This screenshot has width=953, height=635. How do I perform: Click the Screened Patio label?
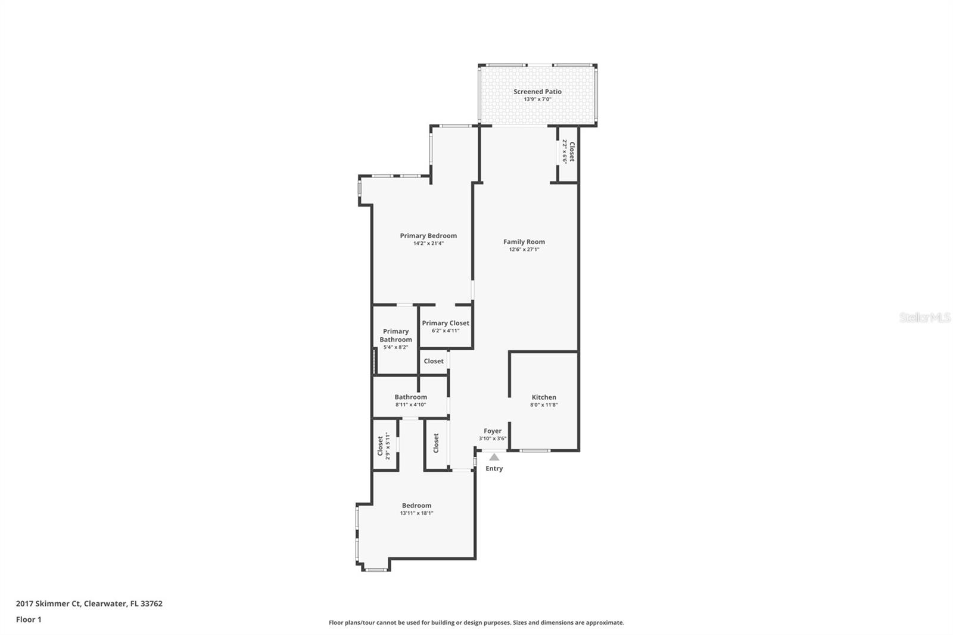(537, 92)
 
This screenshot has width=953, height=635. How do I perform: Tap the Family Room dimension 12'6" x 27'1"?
(524, 250)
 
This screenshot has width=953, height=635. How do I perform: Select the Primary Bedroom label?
(428, 236)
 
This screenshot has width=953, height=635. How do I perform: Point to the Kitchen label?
(544, 397)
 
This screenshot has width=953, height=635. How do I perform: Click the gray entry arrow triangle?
(494, 457)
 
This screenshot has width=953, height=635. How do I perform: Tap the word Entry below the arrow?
(494, 468)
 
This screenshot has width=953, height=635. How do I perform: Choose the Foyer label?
(493, 431)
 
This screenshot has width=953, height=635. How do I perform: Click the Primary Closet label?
(446, 323)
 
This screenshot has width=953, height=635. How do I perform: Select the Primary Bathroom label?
(395, 335)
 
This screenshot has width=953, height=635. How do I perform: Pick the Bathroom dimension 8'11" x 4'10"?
(410, 405)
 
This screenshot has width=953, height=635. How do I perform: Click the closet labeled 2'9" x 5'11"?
(384, 446)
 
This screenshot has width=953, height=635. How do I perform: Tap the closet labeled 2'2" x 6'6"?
(568, 151)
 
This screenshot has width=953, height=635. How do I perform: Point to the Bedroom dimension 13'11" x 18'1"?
(416, 513)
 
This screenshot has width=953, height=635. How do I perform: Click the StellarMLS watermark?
(924, 317)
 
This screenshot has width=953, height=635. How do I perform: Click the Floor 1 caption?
(29, 620)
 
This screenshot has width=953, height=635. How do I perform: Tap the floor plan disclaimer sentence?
(476, 622)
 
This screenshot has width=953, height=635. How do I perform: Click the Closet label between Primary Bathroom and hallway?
(434, 361)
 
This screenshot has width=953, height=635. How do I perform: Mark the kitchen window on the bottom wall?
(535, 450)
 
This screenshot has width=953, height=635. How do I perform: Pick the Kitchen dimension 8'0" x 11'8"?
(544, 405)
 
